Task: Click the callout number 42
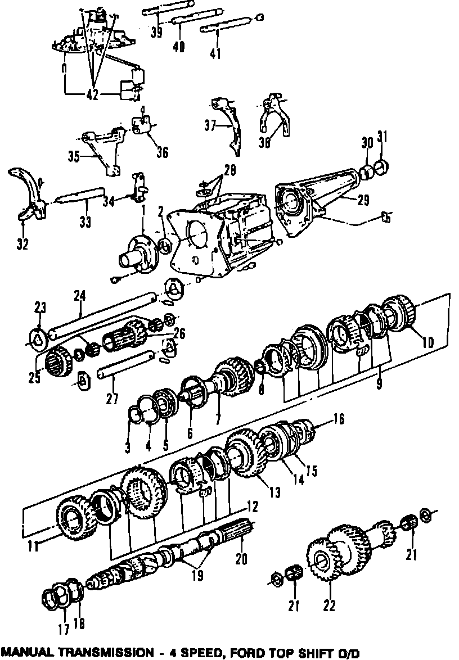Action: pyautogui.click(x=93, y=95)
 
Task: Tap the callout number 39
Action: pyautogui.click(x=157, y=32)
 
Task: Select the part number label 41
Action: pyautogui.click(x=215, y=53)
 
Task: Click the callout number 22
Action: pyautogui.click(x=330, y=605)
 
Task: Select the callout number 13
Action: pyautogui.click(x=274, y=492)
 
